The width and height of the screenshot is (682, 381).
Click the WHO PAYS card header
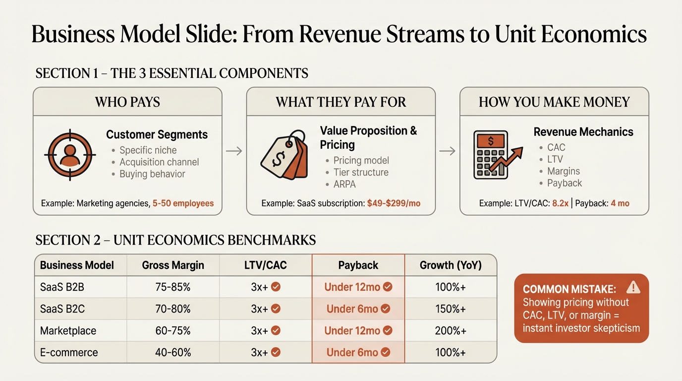pyautogui.click(x=127, y=102)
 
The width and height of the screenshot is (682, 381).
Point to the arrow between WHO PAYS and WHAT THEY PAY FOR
pyautogui.click(x=234, y=151)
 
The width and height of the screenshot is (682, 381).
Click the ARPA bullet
pyautogui.click(x=344, y=184)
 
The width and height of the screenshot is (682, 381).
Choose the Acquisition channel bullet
pyautogui.click(x=159, y=162)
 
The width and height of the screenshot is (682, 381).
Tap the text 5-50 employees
pyautogui.click(x=183, y=203)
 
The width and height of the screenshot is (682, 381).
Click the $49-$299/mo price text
pyautogui.click(x=394, y=203)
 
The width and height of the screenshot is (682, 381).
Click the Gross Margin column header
pyautogui.click(x=173, y=265)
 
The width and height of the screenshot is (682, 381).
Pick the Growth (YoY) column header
pyautogui.click(x=451, y=265)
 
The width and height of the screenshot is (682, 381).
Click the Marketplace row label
pyautogui.click(x=68, y=330)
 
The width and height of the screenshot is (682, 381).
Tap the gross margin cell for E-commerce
pyautogui.click(x=173, y=352)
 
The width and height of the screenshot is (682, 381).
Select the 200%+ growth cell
pyautogui.click(x=451, y=330)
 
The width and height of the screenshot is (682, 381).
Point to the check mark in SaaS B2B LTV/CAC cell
pyautogui.click(x=276, y=287)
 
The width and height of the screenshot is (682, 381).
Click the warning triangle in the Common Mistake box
pyautogui.click(x=633, y=287)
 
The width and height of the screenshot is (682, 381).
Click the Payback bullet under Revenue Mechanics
pyautogui.click(x=565, y=183)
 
